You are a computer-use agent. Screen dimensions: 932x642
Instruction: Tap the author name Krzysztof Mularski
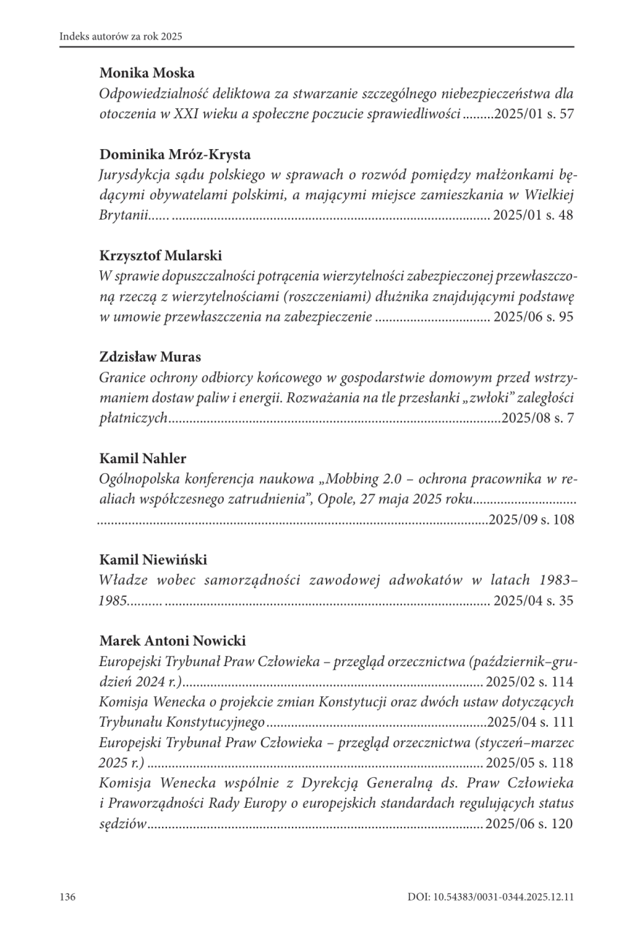(160, 256)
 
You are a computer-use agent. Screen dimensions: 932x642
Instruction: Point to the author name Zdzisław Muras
(150, 356)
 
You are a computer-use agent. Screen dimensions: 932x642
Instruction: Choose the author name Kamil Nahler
(143, 459)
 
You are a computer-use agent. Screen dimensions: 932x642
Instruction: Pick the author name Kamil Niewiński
(153, 559)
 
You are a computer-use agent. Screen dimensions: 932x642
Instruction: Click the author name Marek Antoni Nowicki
(173, 641)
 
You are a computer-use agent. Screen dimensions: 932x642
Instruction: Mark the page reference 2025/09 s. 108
(531, 520)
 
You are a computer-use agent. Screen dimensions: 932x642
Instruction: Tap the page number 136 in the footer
(68, 896)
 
